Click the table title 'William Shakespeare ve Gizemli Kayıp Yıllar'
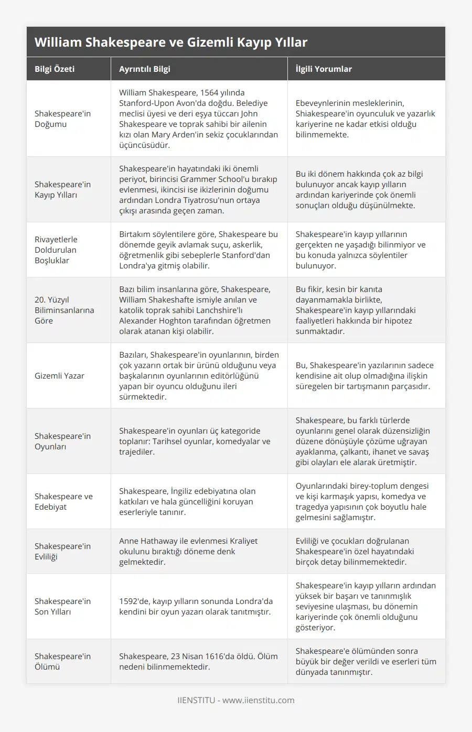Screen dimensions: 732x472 171,42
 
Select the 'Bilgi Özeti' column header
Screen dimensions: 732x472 55,69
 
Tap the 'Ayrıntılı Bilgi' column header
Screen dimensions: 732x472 144,69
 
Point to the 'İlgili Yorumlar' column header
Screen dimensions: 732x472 324,69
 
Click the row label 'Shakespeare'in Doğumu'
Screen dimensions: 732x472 62,119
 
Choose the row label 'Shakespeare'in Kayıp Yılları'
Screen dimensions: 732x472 62,189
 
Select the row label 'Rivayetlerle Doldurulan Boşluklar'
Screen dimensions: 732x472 56,250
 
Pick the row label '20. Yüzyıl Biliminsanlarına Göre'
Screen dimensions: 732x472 64,310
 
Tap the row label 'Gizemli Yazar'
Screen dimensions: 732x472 59,375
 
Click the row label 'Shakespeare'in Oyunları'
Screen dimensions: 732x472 62,441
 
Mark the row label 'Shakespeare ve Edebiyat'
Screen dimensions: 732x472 63,501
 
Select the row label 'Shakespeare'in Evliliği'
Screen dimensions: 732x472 62,551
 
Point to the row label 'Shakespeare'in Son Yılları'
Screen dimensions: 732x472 62,606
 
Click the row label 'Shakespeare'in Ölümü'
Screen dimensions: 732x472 62,661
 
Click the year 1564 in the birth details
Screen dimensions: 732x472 210,93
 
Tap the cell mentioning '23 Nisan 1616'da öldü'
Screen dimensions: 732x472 198,661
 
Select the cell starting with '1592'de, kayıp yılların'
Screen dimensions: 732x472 196,606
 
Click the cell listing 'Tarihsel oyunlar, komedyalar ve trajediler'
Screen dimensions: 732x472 195,441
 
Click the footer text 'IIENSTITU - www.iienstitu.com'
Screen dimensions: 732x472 235,700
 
